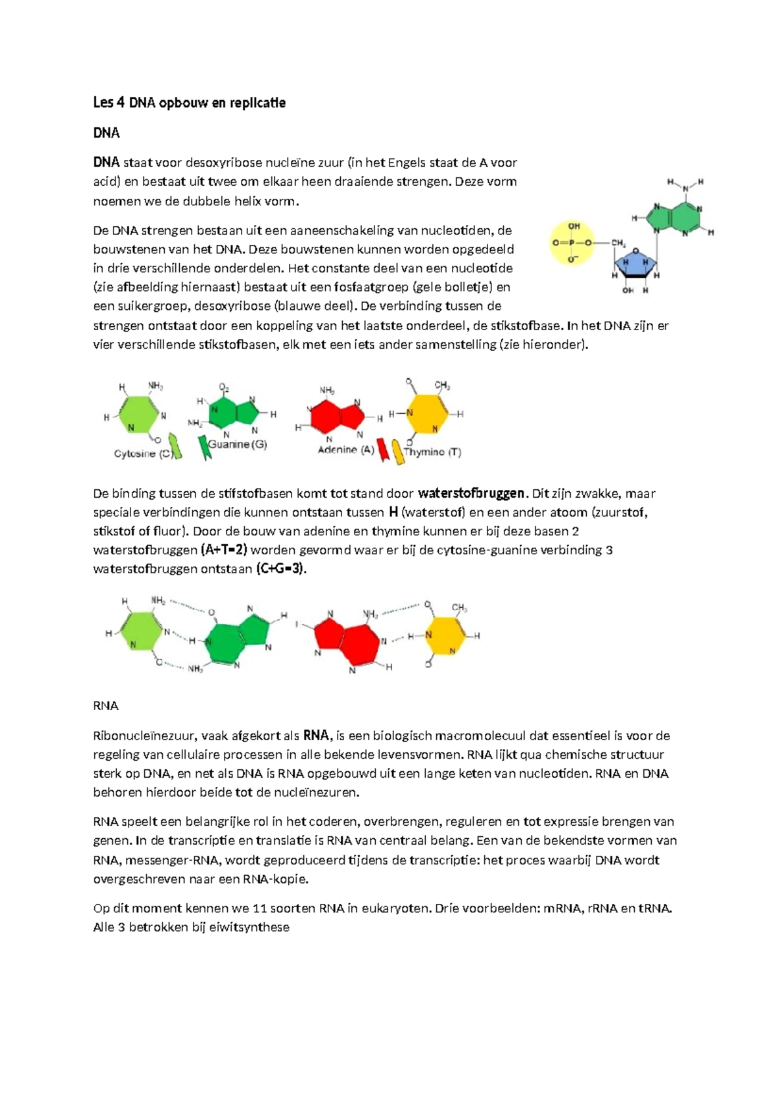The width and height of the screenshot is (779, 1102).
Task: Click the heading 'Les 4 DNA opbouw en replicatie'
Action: pyautogui.click(x=189, y=103)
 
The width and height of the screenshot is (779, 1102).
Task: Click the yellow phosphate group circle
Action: pyautogui.click(x=573, y=243)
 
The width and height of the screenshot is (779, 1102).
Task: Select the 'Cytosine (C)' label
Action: pyautogui.click(x=143, y=454)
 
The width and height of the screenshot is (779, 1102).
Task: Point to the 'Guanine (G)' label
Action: pyautogui.click(x=238, y=444)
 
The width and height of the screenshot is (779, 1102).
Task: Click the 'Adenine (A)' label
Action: pyautogui.click(x=346, y=450)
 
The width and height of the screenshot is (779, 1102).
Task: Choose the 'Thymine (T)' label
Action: pyautogui.click(x=432, y=452)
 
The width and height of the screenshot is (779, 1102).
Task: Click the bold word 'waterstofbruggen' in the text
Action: pyautogui.click(x=471, y=493)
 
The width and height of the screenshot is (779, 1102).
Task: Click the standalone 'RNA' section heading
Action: pyautogui.click(x=106, y=706)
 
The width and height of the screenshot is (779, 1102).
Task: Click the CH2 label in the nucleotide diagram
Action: pyautogui.click(x=618, y=244)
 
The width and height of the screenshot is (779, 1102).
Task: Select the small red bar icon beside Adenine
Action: pyautogui.click(x=383, y=449)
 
